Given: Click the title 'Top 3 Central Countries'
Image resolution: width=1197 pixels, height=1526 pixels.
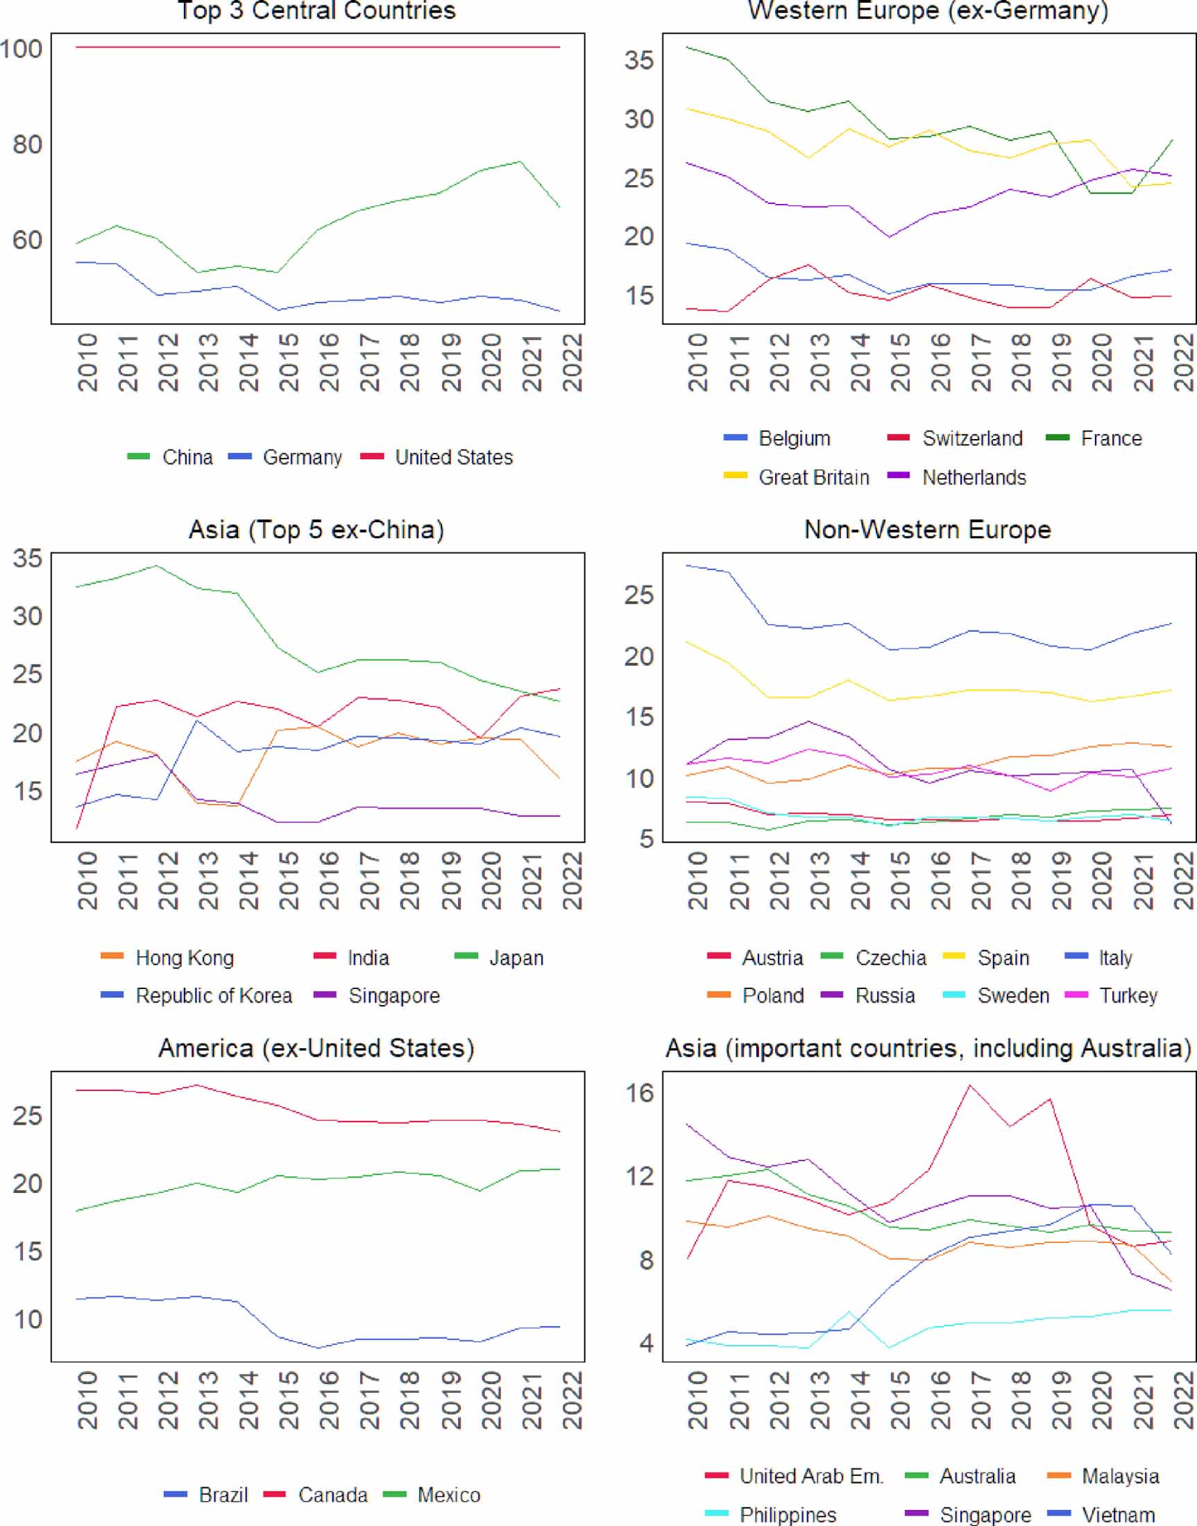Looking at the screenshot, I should [x=316, y=10].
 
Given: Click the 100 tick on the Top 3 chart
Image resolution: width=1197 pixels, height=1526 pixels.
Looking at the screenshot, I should [x=21, y=49].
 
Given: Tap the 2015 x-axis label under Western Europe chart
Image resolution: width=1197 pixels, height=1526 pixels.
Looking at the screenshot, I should [x=899, y=362].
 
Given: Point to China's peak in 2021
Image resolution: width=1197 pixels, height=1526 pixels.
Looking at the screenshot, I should [x=520, y=162].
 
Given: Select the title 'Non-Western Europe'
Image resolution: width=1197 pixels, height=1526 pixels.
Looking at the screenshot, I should [x=927, y=530].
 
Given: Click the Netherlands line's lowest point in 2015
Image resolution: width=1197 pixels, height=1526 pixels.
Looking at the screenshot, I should [x=890, y=237].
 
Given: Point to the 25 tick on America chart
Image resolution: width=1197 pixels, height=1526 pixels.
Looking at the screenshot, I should [x=28, y=1115].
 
